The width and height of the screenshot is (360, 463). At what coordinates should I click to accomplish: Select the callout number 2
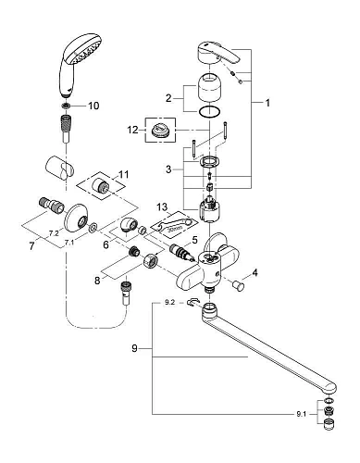(168, 96)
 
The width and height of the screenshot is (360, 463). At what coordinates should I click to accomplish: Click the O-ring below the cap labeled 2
(212, 113)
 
